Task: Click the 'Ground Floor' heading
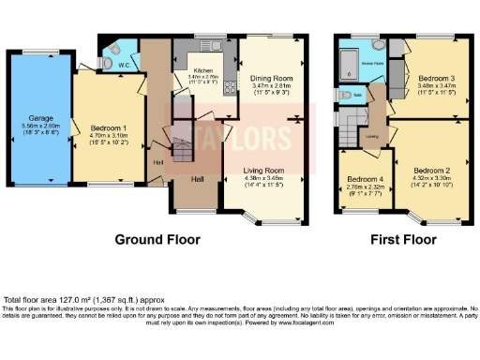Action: tap(157, 239)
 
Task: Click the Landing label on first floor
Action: tap(372, 136)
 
